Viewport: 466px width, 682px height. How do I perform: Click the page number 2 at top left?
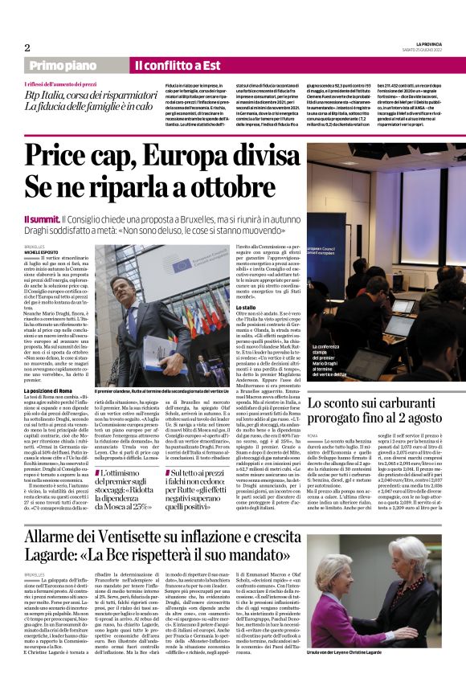pyautogui.click(x=27, y=47)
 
